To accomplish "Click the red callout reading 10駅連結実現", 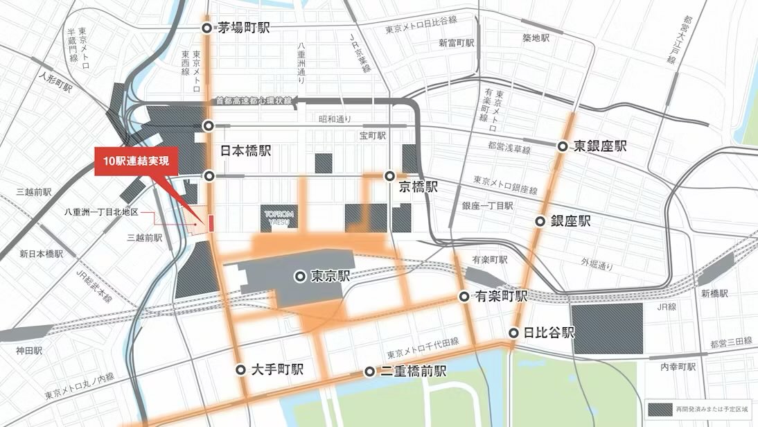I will [x=136, y=161].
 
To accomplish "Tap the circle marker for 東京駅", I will [x=300, y=276].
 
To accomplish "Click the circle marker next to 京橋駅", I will [x=391, y=176].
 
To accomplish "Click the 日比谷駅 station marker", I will [x=514, y=333].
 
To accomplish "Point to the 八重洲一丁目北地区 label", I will [x=101, y=211].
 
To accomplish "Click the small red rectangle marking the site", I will [x=211, y=223].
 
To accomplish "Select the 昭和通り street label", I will [x=330, y=119].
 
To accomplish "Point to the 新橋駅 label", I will [x=714, y=294].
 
